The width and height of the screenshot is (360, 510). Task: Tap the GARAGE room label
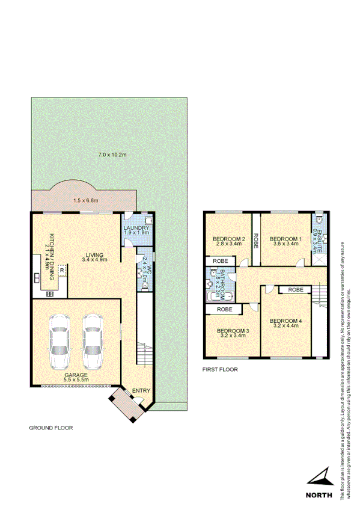click(x=77, y=376)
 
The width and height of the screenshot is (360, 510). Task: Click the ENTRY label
click(x=141, y=391)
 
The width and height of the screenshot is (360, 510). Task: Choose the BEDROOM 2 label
click(x=228, y=240)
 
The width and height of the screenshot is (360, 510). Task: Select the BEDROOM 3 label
click(x=233, y=332)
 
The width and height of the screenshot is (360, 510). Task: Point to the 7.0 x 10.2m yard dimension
click(x=112, y=155)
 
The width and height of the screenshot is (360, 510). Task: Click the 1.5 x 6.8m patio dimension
click(x=86, y=200)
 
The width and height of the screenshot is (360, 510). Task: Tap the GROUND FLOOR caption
click(x=51, y=428)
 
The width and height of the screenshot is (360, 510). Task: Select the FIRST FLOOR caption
click(x=220, y=369)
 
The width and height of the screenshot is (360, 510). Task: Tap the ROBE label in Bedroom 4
click(x=295, y=290)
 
